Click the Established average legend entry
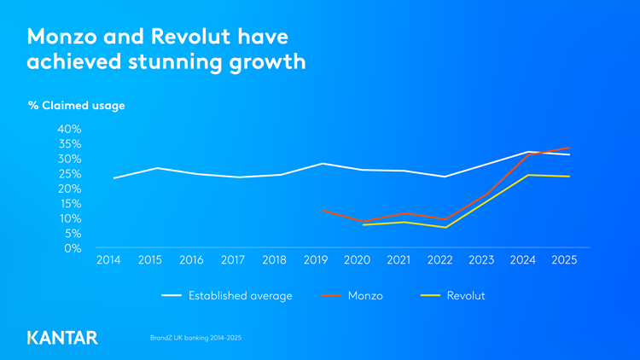click(x=240, y=296)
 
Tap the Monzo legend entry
click(x=365, y=296)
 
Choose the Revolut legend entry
click(x=466, y=296)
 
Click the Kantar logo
click(x=62, y=337)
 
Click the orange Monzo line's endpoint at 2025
click(x=570, y=148)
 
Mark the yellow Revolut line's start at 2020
click(x=364, y=224)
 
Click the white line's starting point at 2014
click(x=114, y=178)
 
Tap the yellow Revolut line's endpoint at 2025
click(x=570, y=177)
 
